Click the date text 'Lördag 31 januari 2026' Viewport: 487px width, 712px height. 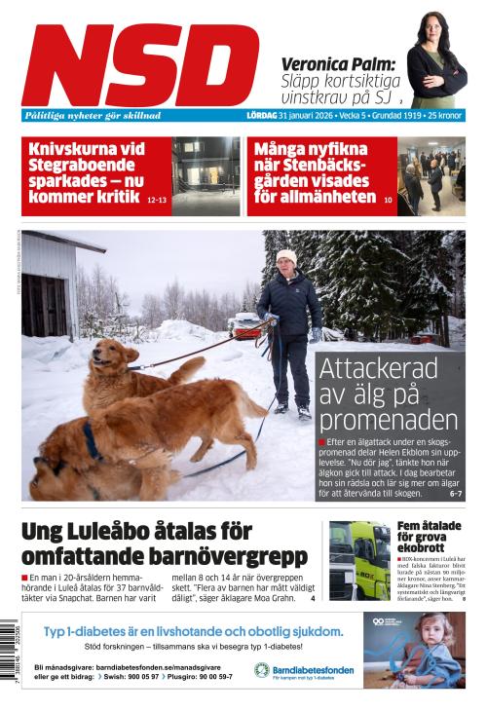[x=289, y=115]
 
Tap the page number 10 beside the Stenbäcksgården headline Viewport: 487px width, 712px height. [x=388, y=200]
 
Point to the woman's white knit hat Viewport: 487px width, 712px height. [x=285, y=257]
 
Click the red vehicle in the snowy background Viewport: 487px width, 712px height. [x=244, y=325]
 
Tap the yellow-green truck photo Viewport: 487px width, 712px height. [x=358, y=560]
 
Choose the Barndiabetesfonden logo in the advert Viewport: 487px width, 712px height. [x=304, y=670]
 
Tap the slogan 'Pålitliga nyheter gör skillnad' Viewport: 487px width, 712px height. [x=94, y=115]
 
